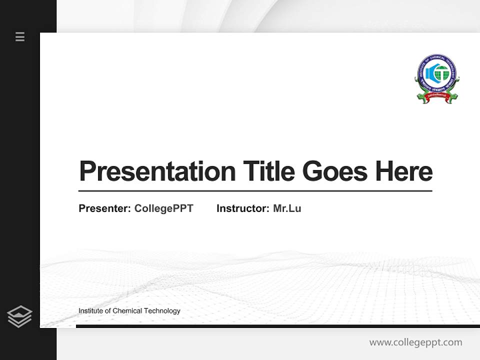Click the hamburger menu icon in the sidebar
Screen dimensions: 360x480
click(x=20, y=36)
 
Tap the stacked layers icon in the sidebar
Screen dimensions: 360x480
click(x=19, y=316)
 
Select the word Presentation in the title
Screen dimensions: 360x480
click(x=157, y=171)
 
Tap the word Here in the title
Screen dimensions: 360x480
click(x=404, y=171)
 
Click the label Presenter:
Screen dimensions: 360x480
click(x=105, y=208)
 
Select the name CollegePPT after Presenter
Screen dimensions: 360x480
click(x=163, y=208)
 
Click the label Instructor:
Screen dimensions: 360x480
click(x=243, y=208)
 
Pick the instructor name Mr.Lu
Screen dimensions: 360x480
click(x=287, y=208)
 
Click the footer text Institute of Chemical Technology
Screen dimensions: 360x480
click(x=129, y=311)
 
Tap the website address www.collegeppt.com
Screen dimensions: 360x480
click(x=415, y=342)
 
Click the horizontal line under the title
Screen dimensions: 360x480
click(x=255, y=190)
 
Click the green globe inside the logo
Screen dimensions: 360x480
click(x=442, y=73)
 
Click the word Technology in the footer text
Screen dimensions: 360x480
click(x=162, y=311)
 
